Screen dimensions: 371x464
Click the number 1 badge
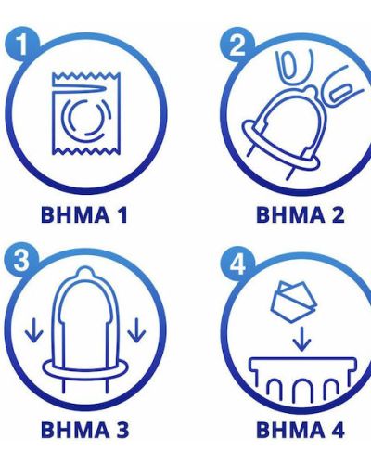click(22, 45)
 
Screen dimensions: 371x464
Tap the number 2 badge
click(237, 45)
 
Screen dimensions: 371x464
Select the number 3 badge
click(21, 260)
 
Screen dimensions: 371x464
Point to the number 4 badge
click(237, 264)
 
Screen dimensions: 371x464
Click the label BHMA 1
click(84, 214)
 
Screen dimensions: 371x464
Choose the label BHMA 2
click(300, 214)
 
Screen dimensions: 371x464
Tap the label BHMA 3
click(84, 430)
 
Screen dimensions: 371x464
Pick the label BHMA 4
click(301, 430)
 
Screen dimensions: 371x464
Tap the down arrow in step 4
click(301, 339)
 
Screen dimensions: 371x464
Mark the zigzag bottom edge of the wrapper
click(86, 151)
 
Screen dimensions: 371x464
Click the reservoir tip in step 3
click(84, 273)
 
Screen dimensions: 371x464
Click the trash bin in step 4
click(302, 379)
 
